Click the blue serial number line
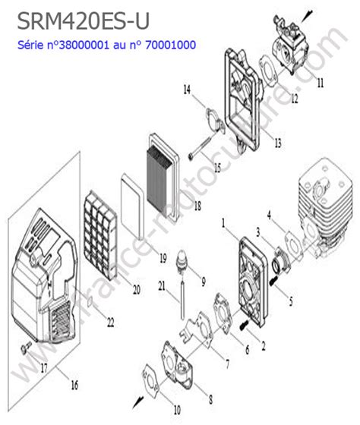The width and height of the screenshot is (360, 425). [106, 46]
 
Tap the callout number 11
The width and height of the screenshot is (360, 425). [320, 80]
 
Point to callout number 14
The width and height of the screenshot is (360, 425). [186, 90]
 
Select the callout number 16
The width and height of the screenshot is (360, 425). [74, 386]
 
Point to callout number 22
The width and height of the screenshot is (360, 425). [110, 323]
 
